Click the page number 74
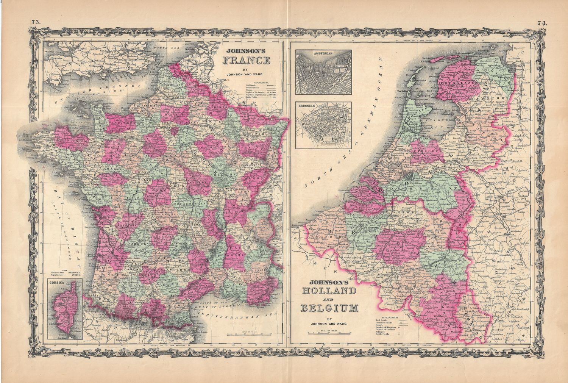[x=541, y=23]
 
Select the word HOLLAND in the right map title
[x=328, y=291]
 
